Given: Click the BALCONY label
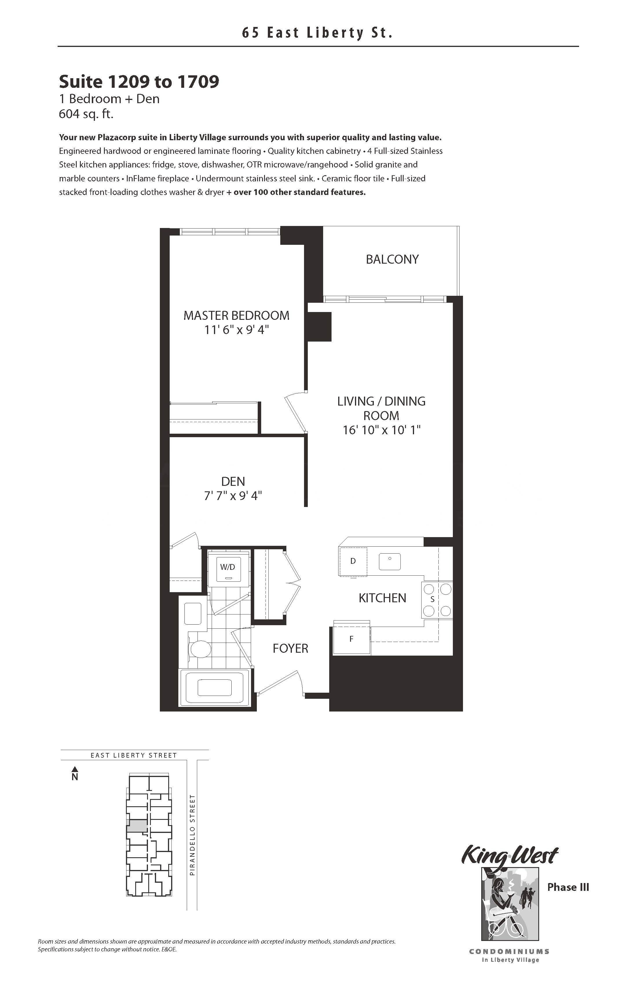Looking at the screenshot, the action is pos(392,260).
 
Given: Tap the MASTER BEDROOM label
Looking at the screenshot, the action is pos(236,316).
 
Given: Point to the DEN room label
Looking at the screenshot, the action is pos(233,481).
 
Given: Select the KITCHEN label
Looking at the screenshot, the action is pos(382,598).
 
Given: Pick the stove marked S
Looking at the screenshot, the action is pos(437,600).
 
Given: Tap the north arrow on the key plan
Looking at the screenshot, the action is pos(75,774).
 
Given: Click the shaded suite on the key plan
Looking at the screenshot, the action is pos(137,826).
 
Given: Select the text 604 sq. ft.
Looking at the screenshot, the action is pos(86,114).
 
